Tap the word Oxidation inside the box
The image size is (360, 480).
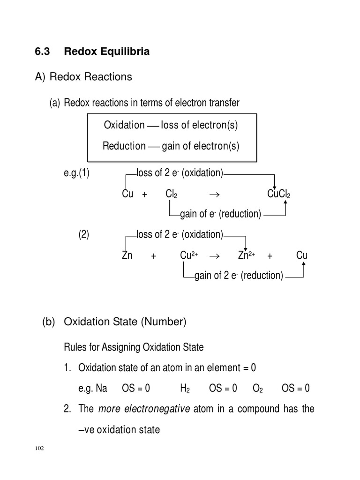click(x=124, y=125)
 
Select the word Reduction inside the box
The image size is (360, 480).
click(x=124, y=146)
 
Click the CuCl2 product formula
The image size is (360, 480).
click(x=278, y=194)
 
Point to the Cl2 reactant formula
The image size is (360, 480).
click(x=171, y=194)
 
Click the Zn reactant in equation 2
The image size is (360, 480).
click(x=127, y=255)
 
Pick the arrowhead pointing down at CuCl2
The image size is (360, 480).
click(x=275, y=186)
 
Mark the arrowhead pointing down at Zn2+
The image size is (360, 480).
click(x=245, y=247)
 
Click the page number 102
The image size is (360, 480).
click(x=39, y=449)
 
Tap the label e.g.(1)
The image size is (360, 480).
click(x=76, y=173)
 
